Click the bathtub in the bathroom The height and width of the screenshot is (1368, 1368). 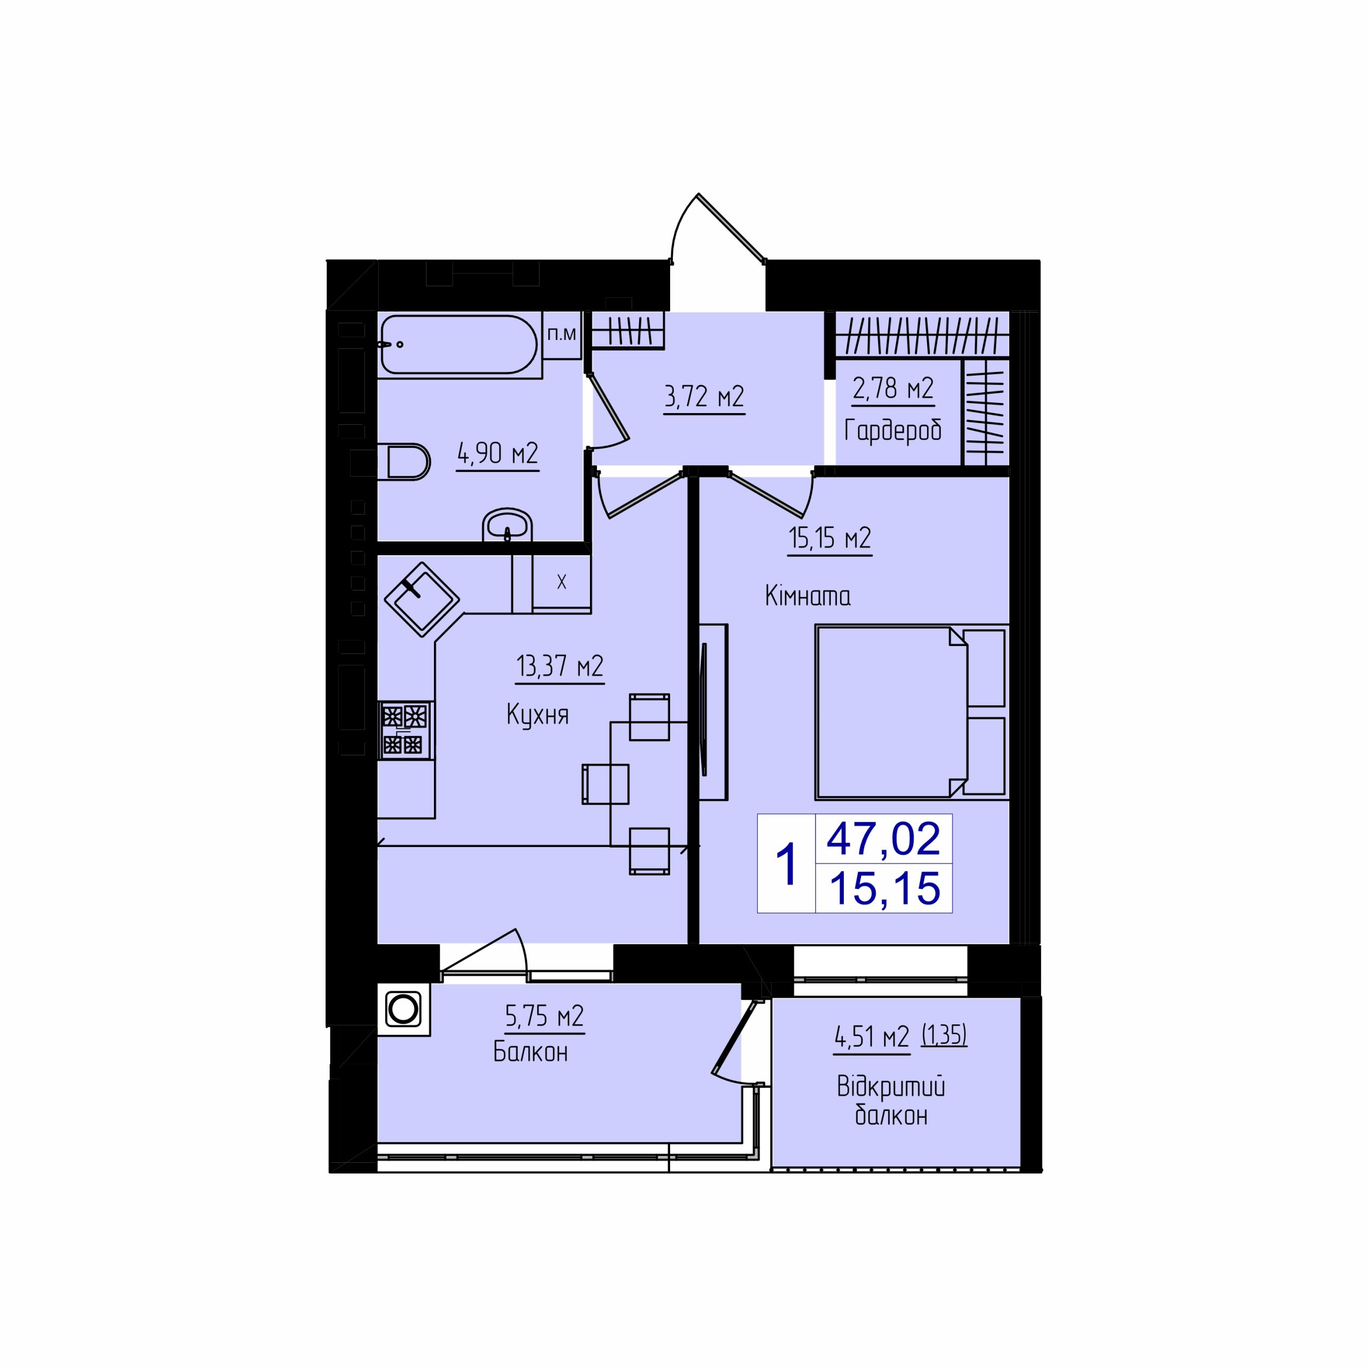(459, 345)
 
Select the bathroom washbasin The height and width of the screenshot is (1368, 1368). (507, 525)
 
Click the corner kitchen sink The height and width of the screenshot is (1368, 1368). (421, 599)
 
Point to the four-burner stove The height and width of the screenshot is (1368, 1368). (406, 730)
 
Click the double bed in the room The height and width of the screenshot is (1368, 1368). (912, 712)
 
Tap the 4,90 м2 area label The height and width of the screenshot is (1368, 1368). (498, 454)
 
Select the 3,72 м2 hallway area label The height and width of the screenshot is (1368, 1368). (704, 397)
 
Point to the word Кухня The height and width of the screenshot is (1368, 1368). (538, 715)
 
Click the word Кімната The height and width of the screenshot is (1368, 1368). (808, 596)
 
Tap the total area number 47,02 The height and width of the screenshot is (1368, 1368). (884, 838)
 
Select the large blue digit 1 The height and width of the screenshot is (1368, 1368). (787, 864)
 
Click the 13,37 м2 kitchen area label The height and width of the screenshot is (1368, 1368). (559, 667)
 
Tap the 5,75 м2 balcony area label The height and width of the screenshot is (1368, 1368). (545, 1017)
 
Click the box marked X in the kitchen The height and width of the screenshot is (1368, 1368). (562, 582)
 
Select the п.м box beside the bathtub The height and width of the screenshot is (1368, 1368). (562, 334)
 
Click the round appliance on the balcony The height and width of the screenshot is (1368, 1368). (403, 1009)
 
